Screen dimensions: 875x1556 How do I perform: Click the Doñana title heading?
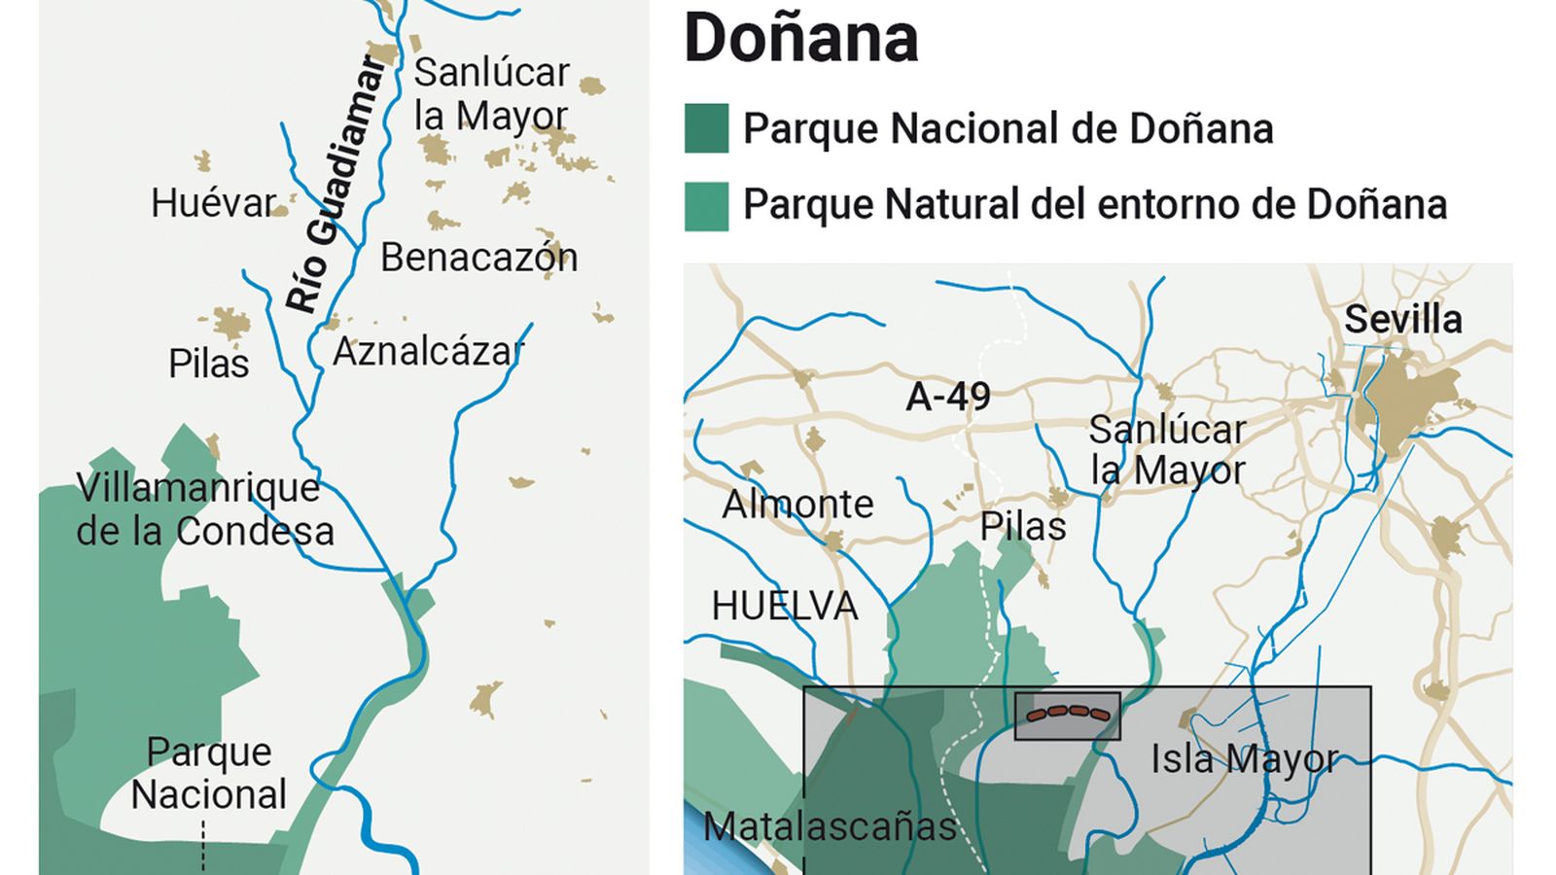(800, 39)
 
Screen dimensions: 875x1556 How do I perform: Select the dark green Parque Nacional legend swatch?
(706, 128)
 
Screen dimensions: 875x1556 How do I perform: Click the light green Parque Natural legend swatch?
(706, 206)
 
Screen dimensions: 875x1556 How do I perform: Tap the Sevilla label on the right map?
(1402, 320)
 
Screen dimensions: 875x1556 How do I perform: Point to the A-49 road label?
(947, 397)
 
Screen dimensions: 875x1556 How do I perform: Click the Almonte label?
(797, 505)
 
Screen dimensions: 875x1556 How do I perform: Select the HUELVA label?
(784, 607)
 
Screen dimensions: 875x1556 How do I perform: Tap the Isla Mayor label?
(1244, 759)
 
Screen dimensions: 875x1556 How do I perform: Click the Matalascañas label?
(830, 827)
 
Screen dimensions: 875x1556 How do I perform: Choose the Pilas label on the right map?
(1022, 527)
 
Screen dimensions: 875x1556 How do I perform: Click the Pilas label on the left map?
(208, 365)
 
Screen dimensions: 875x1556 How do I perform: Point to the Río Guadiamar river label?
(336, 185)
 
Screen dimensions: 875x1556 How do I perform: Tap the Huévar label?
(213, 203)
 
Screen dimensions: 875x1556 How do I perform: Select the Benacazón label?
(478, 258)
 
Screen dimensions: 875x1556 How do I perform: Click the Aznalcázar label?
(428, 352)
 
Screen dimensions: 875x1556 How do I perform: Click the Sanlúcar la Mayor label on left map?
(491, 94)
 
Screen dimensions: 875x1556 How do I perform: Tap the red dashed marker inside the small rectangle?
(1068, 715)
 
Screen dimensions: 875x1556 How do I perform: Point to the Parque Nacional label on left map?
(208, 774)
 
